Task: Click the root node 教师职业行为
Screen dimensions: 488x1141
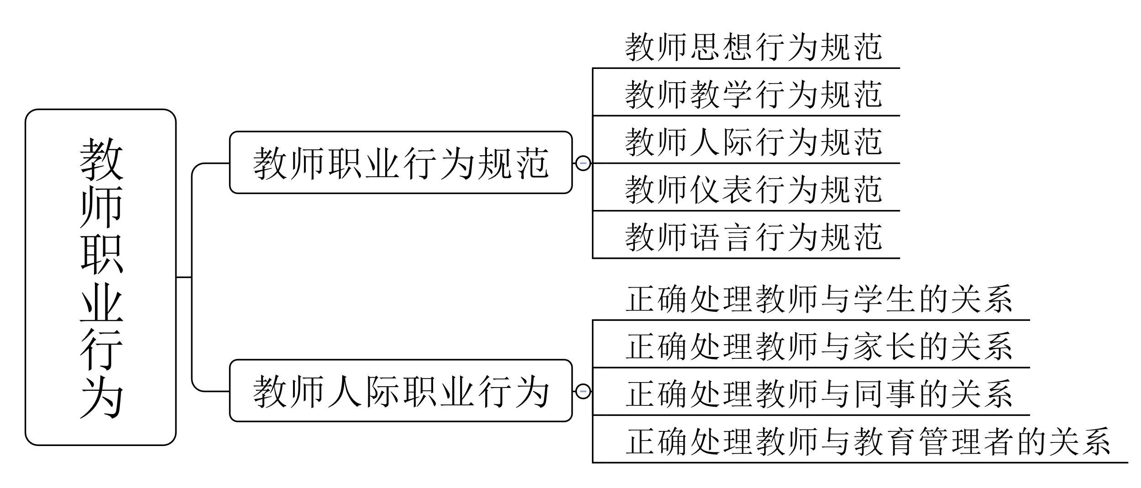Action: [100, 277]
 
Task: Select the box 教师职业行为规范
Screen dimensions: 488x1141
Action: [401, 163]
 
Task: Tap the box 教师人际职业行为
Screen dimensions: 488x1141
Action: [401, 391]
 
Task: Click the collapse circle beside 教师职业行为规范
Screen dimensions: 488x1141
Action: [583, 163]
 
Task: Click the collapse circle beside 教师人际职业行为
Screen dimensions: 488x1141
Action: [583, 391]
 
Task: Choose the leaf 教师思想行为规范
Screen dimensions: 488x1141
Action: [753, 47]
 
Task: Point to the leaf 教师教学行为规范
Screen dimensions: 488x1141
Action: [753, 95]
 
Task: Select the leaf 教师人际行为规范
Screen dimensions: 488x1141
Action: [753, 142]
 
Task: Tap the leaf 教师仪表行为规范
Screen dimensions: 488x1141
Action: [753, 190]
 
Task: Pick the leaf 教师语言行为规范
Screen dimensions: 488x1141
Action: [753, 237]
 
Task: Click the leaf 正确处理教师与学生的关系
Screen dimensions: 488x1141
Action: [819, 299]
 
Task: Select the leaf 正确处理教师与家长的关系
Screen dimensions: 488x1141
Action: [819, 347]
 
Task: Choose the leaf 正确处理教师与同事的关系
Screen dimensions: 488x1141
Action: [819, 394]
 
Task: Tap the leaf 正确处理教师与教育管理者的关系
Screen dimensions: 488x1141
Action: [868, 442]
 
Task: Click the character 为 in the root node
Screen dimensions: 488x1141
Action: [101, 397]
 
